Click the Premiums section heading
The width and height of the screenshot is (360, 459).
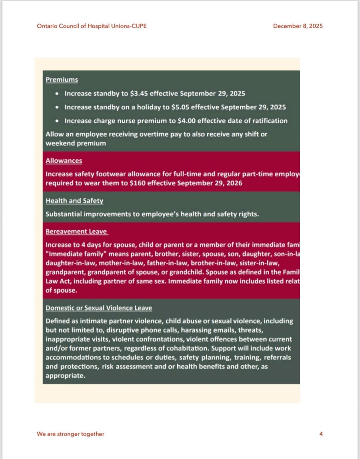[62, 80]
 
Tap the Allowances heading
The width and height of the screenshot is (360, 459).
[64, 160]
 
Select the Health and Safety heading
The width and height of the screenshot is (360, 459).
[74, 201]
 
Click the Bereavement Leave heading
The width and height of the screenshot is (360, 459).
[77, 232]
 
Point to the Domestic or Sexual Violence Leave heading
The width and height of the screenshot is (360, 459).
[99, 308]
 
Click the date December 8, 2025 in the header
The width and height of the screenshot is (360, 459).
[298, 26]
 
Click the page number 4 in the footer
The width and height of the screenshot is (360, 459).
[321, 434]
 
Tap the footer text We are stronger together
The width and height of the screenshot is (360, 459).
[70, 434]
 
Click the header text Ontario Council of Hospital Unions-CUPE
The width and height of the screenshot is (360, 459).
[91, 26]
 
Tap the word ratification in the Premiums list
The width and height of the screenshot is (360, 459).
[269, 121]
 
